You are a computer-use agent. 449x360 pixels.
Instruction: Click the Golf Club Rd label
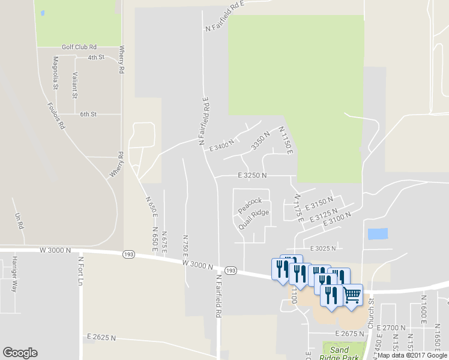tap(79, 46)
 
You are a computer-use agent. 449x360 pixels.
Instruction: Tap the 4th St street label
tap(95, 58)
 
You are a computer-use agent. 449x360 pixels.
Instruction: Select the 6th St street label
tap(88, 114)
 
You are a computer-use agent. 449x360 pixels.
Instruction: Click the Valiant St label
tap(74, 85)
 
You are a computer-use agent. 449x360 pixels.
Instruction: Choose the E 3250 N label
tap(252, 175)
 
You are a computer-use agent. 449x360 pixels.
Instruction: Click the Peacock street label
tap(250, 205)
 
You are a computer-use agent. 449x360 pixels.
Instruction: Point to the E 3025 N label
tap(323, 248)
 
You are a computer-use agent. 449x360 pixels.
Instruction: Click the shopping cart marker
tap(352, 294)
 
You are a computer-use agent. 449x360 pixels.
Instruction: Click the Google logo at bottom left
tap(20, 353)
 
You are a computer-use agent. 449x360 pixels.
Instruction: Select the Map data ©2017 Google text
tap(412, 355)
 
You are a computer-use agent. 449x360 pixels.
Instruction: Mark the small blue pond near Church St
tap(377, 234)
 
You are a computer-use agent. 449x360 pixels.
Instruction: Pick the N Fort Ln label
tap(79, 272)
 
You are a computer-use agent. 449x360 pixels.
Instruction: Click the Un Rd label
tap(19, 220)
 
